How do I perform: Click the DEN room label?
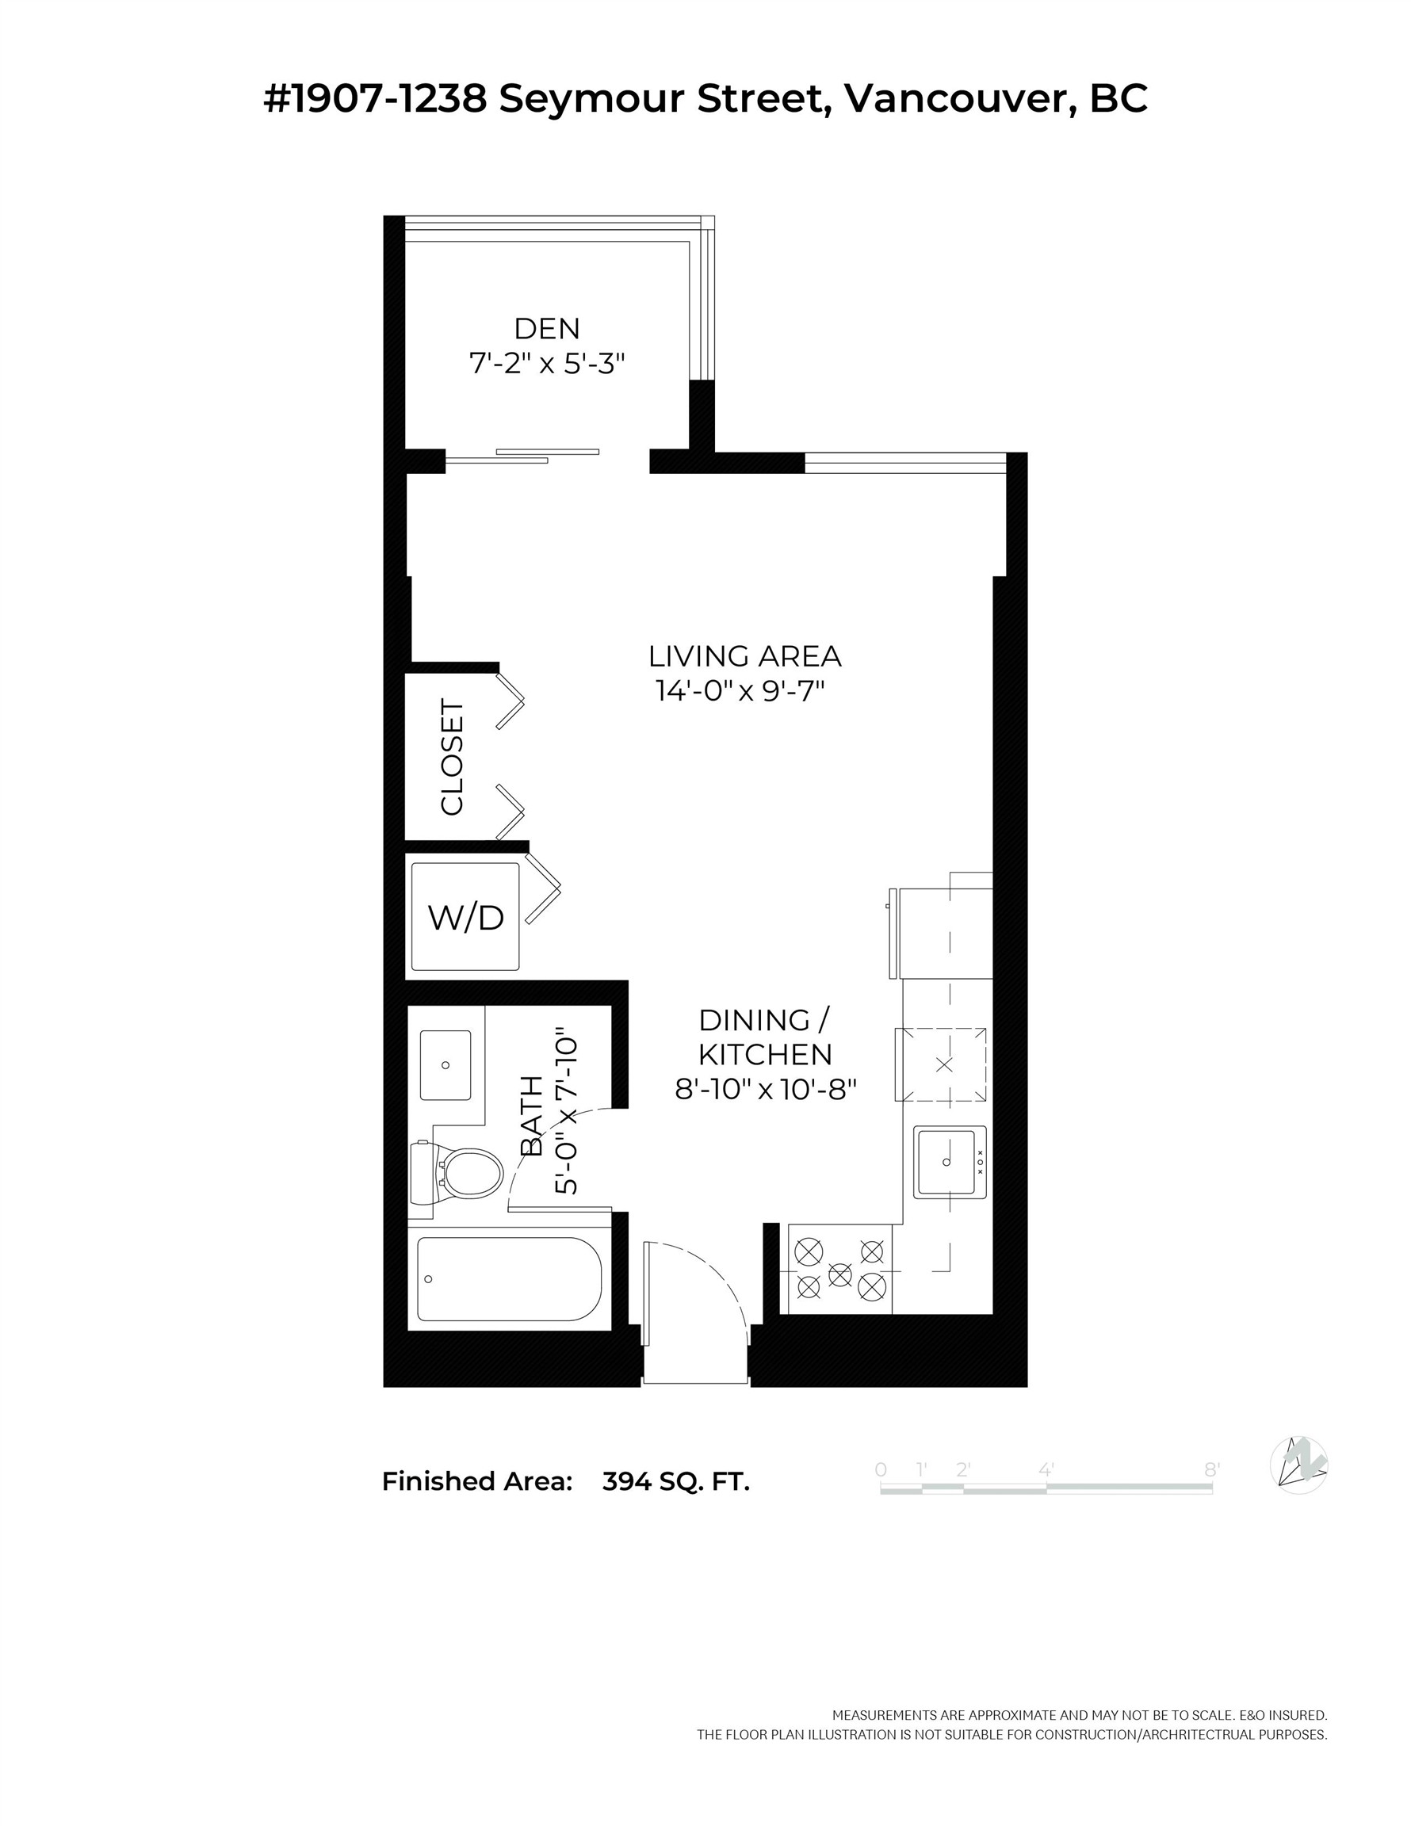click(x=546, y=329)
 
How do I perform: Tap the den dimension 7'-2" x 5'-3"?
click(x=546, y=364)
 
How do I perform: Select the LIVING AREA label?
click(x=744, y=656)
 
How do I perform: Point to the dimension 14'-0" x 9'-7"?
click(x=740, y=691)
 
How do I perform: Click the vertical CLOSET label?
click(x=452, y=757)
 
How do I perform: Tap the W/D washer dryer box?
click(x=465, y=917)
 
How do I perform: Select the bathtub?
click(x=509, y=1279)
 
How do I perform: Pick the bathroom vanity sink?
click(x=445, y=1065)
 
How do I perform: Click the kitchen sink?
click(x=950, y=1162)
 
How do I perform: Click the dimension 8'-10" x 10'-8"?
click(x=765, y=1090)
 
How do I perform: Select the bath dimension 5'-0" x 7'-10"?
click(x=566, y=1116)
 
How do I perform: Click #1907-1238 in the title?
click(x=376, y=98)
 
